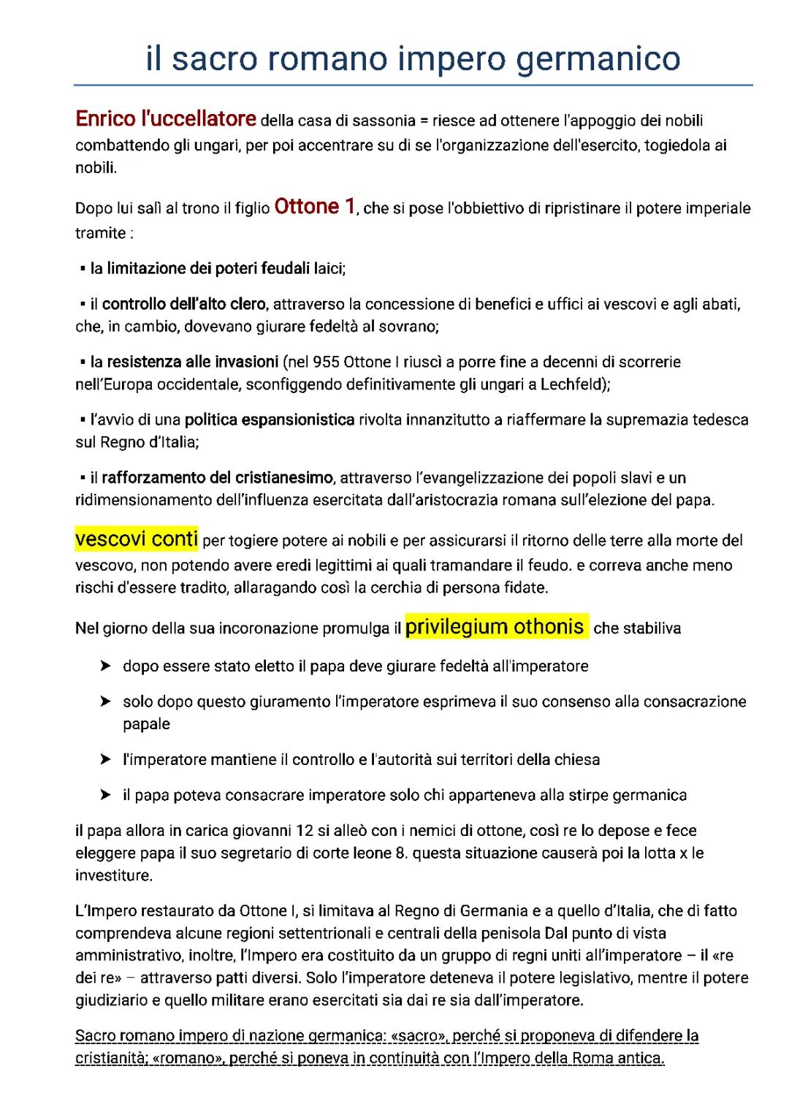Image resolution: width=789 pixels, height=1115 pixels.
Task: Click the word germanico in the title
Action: pos(598,58)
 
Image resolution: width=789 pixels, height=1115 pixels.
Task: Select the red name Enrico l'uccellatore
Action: pos(166,118)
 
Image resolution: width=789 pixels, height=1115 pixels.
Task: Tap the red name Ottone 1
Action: pos(314,207)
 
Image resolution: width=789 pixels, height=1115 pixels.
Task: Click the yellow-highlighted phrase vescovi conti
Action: pos(137,539)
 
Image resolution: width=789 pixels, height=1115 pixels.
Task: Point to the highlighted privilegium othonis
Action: pos(495,626)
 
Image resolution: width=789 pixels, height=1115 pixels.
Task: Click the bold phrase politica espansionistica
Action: pos(269,420)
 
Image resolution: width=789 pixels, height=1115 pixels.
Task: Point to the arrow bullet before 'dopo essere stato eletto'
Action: pos(105,666)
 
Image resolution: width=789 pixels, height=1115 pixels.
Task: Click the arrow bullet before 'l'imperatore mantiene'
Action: pos(105,760)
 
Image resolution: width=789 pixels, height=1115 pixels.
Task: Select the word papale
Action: pos(146,724)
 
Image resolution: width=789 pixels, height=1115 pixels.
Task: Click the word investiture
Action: pos(113,875)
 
